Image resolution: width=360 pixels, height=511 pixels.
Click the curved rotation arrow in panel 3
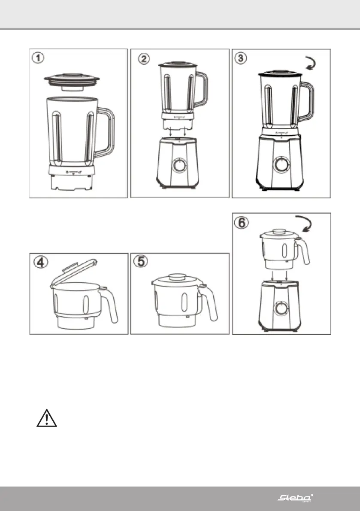311,64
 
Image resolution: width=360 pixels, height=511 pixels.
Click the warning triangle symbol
46,418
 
